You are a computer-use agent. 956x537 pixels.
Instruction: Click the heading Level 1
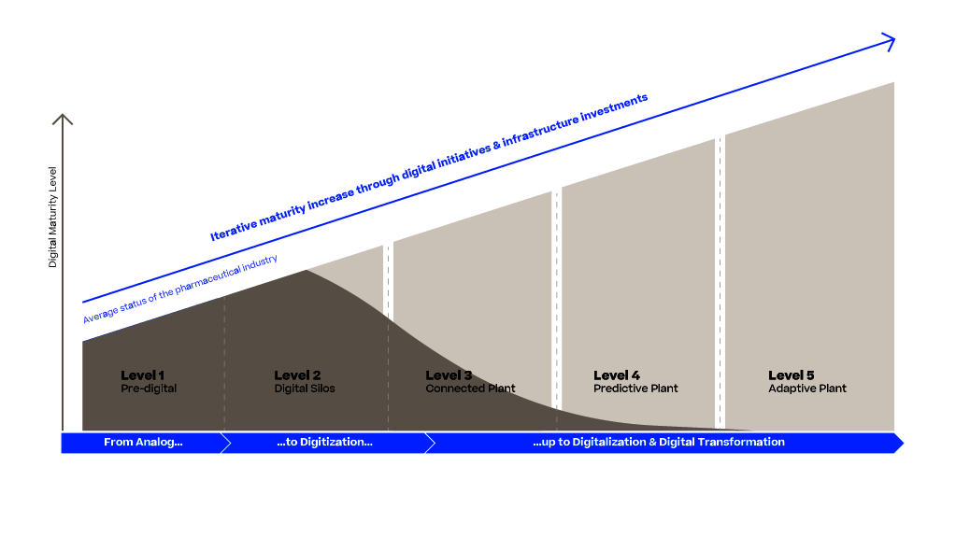(142, 375)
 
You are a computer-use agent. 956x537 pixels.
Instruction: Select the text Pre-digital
(148, 389)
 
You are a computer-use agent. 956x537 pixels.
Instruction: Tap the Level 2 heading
(297, 375)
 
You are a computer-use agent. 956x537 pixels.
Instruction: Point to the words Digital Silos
(304, 389)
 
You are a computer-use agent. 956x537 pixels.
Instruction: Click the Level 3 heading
(449, 375)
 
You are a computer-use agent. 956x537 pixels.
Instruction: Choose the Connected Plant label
(470, 389)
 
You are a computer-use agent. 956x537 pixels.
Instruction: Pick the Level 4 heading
(617, 375)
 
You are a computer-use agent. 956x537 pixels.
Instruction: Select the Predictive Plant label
(635, 389)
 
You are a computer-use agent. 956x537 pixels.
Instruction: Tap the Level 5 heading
(792, 375)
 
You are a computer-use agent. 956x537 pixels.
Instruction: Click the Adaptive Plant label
(807, 389)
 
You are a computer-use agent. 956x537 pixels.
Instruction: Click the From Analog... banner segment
(142, 443)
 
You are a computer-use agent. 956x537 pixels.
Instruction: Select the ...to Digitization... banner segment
(324, 443)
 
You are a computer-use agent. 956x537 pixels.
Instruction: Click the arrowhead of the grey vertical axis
(63, 118)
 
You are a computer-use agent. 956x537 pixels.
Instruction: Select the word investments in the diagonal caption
(614, 107)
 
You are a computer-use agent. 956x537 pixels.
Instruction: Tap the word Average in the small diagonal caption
(96, 315)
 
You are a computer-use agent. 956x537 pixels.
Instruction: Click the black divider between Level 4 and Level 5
(720, 280)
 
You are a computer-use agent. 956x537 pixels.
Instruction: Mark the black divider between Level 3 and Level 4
(557, 299)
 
